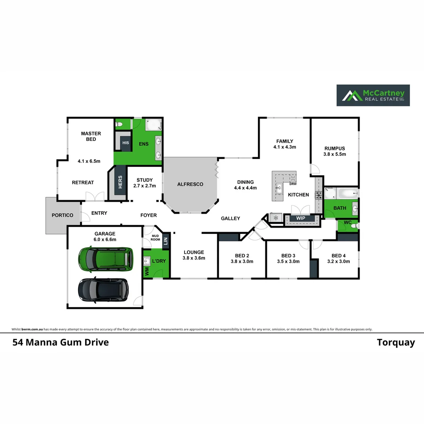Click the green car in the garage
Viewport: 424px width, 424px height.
pyautogui.click(x=105, y=259)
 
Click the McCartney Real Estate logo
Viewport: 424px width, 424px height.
pyautogui.click(x=373, y=95)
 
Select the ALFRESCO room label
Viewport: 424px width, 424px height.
pyautogui.click(x=190, y=184)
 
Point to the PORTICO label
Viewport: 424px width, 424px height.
pyautogui.click(x=62, y=215)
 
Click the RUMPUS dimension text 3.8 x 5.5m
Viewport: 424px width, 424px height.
pyautogui.click(x=334, y=154)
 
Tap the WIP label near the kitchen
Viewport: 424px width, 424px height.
pyautogui.click(x=300, y=218)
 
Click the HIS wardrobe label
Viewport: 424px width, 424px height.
pyautogui.click(x=126, y=143)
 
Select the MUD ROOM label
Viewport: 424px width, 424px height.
pyautogui.click(x=155, y=237)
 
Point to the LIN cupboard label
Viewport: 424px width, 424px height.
pyautogui.click(x=165, y=241)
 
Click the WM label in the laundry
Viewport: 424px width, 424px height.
pyautogui.click(x=147, y=272)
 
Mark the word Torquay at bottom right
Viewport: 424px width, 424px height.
pyautogui.click(x=396, y=342)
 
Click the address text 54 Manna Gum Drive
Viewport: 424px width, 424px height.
pyautogui.click(x=60, y=342)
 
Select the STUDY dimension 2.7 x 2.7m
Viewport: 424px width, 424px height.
pyautogui.click(x=144, y=186)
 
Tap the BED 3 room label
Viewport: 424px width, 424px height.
pyautogui.click(x=288, y=255)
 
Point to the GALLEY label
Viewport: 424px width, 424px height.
pyautogui.click(x=230, y=218)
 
